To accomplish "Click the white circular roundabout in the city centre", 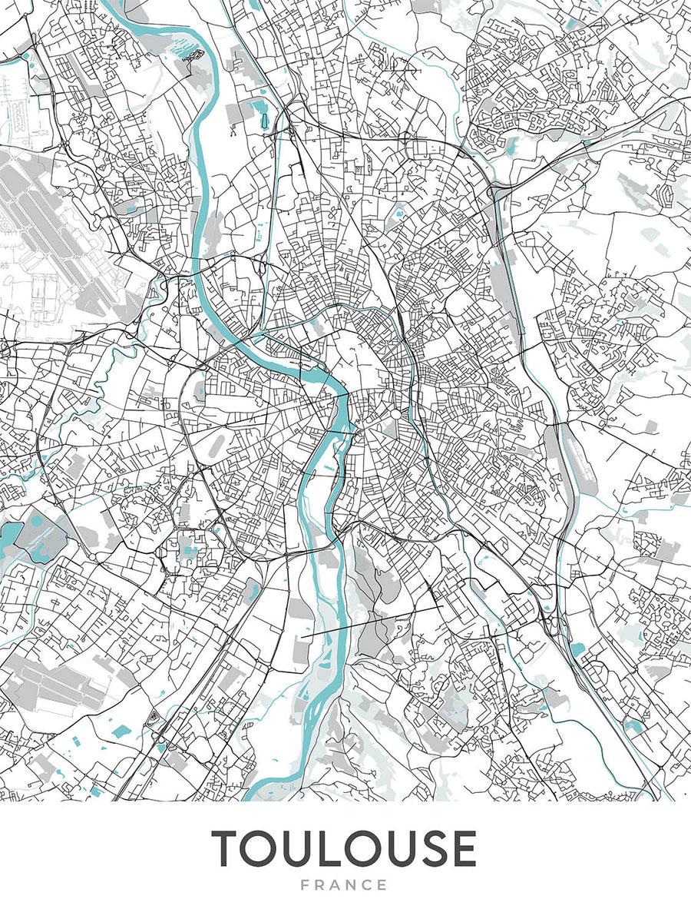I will click(395, 413).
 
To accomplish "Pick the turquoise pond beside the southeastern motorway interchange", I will click(577, 650).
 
